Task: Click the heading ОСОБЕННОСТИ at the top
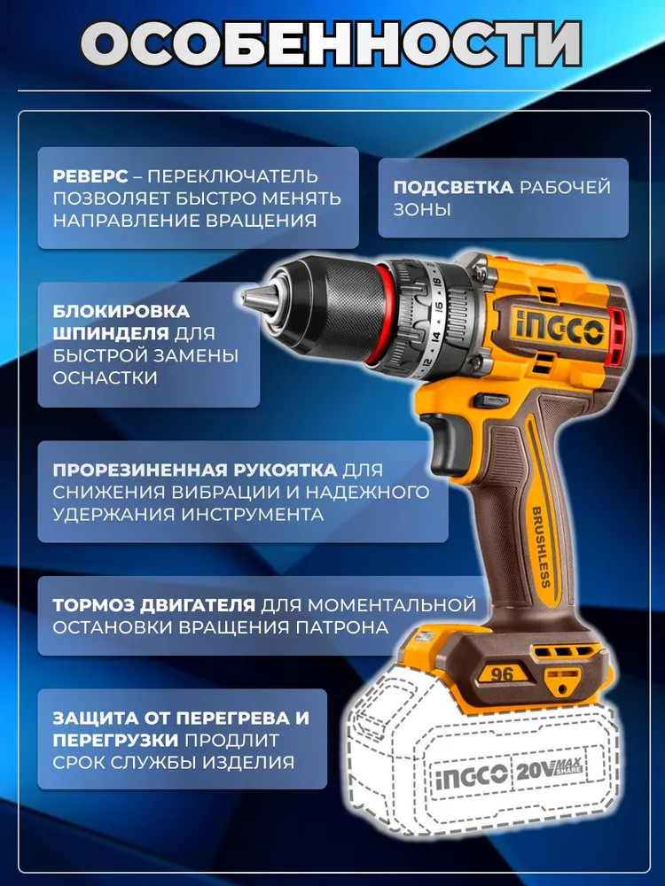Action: point(332,44)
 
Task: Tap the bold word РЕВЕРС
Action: point(90,176)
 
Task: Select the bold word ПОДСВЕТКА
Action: point(453,187)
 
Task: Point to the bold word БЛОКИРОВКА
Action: point(121,311)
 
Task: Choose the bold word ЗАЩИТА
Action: point(96,719)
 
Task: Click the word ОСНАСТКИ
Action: point(106,378)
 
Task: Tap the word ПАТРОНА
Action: point(341,627)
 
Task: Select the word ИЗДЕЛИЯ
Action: point(248,762)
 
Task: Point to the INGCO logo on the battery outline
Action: point(471,774)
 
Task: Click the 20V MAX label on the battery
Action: point(548,770)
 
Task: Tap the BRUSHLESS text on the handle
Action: point(540,548)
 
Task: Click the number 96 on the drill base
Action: point(502,673)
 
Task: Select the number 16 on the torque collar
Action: point(438,309)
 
